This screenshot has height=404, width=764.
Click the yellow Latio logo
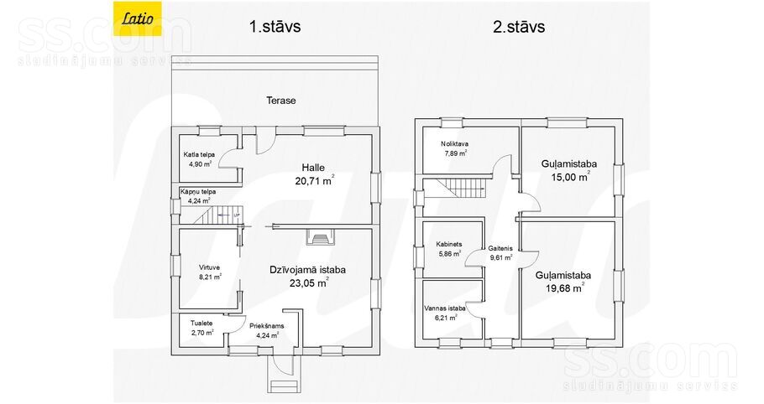[138, 18]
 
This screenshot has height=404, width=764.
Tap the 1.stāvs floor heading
[275, 26]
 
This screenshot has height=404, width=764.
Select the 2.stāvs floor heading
[519, 26]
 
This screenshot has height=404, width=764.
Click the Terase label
[281, 101]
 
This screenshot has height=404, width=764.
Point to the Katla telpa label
[199, 154]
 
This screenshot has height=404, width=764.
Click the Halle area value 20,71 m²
[314, 180]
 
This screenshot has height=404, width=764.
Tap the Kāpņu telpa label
[198, 192]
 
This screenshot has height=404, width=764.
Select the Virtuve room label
[209, 267]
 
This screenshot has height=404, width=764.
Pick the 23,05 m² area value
[309, 282]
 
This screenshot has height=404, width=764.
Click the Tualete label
[201, 324]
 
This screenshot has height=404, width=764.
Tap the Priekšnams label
[266, 326]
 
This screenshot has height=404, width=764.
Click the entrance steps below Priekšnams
[283, 378]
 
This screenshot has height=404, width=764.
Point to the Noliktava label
[454, 144]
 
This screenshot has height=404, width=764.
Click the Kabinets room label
[449, 245]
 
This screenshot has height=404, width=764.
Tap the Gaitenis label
[500, 248]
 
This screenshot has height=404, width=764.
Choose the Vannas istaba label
[444, 308]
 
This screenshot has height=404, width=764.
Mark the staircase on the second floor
[460, 188]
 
